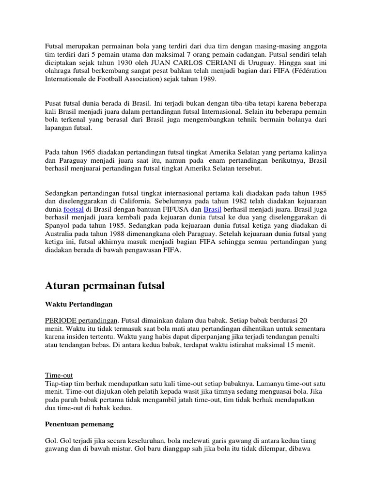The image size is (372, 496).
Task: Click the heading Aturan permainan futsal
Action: pos(105,286)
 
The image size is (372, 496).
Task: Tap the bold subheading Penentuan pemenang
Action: pos(79,424)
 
